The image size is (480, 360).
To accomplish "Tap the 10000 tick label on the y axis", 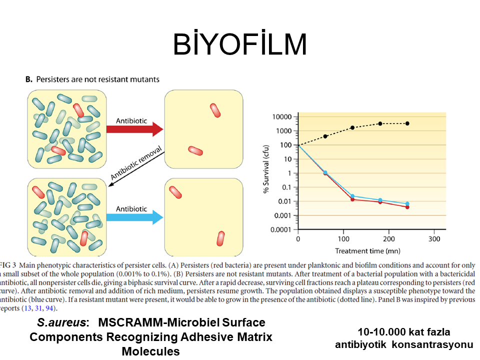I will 280,117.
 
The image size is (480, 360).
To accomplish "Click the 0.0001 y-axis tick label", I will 280,230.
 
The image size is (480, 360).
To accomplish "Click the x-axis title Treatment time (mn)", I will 367,250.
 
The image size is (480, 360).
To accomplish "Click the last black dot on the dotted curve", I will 407,123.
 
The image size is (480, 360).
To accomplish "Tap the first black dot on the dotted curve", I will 325,136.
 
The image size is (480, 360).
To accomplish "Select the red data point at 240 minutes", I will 407,207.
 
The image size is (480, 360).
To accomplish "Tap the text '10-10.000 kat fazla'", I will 404,332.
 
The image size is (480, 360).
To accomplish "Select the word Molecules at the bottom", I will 150,351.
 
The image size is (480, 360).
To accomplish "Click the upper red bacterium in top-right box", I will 215,110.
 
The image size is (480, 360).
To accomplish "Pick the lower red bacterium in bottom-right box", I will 220,238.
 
